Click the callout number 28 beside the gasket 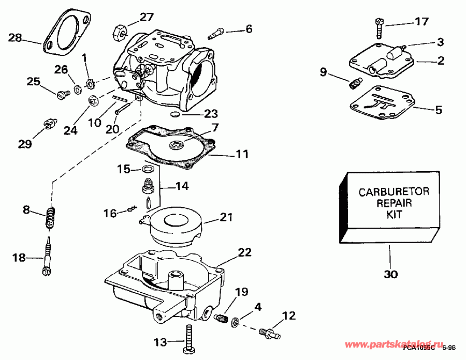point(16,37)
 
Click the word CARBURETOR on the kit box point(394,192)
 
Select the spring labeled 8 point(50,216)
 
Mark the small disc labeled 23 point(175,112)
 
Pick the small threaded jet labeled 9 point(355,82)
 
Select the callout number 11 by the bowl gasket point(242,154)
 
